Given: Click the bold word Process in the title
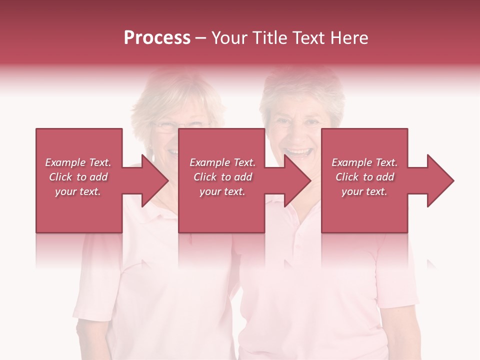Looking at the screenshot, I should pyautogui.click(x=157, y=37).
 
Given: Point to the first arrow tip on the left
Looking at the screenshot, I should pyautogui.click(x=168, y=180).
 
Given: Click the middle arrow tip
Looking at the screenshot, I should pyautogui.click(x=310, y=180).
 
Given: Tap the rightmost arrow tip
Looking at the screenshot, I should pyautogui.click(x=453, y=180).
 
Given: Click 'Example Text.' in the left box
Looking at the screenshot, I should pyautogui.click(x=78, y=162).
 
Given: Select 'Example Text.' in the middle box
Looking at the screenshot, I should pyautogui.click(x=222, y=162).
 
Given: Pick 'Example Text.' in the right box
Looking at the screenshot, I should pyautogui.click(x=364, y=162).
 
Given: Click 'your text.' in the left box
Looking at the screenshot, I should pyautogui.click(x=78, y=191).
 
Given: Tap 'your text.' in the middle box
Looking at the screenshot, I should pyautogui.click(x=222, y=191).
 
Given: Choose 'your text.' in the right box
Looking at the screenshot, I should pyautogui.click(x=364, y=191).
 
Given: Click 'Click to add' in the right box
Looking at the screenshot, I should pyautogui.click(x=364, y=177).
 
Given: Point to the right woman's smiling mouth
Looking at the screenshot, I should pyautogui.click(x=297, y=151).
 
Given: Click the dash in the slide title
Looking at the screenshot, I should pyautogui.click(x=201, y=38).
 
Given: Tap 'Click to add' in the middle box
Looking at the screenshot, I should pyautogui.click(x=222, y=177).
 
